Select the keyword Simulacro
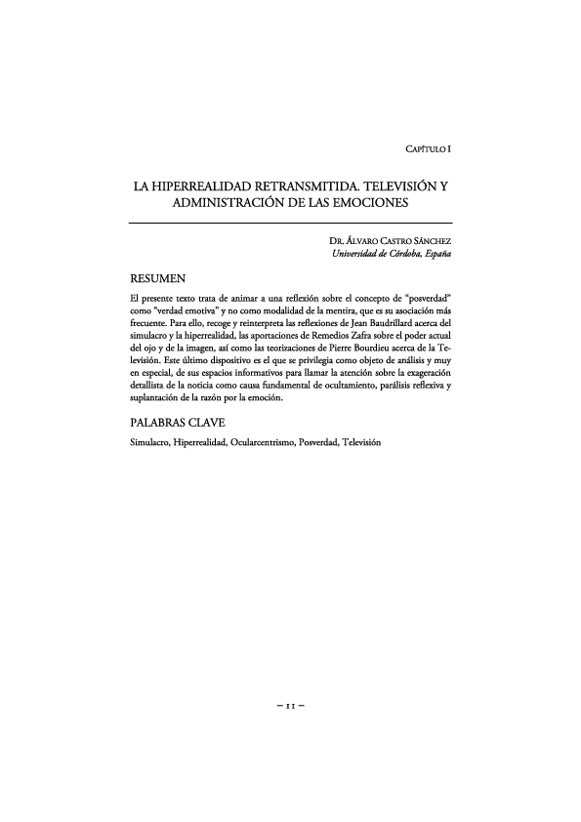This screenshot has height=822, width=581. (x=148, y=443)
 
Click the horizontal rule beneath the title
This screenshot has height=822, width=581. (x=290, y=224)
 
